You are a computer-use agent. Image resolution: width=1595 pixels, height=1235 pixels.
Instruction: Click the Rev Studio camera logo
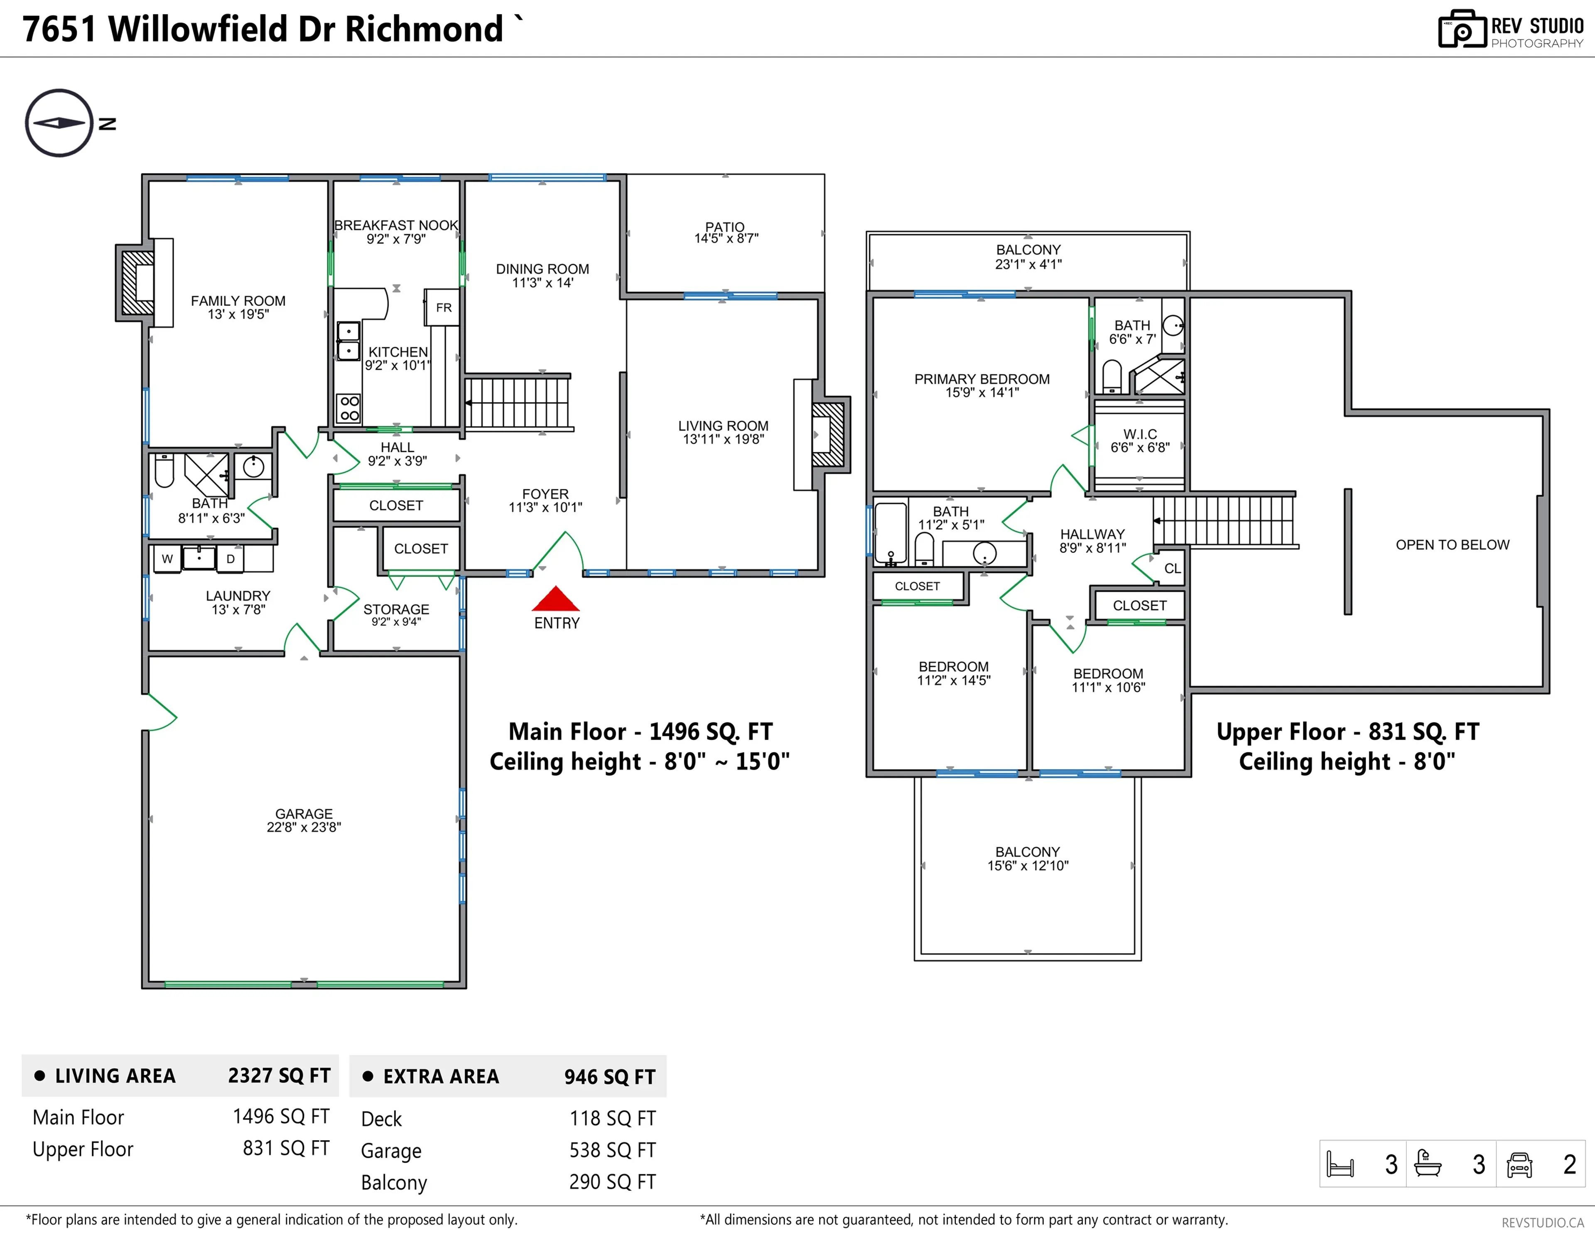point(1461,29)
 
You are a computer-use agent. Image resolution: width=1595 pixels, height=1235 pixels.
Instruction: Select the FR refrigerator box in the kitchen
point(442,307)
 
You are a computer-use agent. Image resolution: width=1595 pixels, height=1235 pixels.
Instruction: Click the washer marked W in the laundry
point(167,559)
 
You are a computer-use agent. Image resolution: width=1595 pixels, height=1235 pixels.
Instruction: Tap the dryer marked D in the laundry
point(230,559)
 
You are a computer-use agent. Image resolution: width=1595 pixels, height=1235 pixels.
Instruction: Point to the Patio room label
point(724,227)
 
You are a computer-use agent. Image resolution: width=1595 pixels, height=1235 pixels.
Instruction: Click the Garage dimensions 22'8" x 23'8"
point(304,827)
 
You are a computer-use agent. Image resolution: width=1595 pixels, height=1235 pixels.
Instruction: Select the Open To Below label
point(1452,545)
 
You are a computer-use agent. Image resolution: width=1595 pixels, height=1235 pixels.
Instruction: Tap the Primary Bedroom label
point(982,379)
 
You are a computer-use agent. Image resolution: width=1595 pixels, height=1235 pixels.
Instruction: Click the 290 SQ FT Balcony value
point(612,1182)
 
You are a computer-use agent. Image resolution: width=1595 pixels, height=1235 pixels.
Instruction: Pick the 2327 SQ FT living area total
point(279,1075)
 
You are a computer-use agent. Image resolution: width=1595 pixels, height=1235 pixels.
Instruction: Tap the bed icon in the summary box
point(1340,1164)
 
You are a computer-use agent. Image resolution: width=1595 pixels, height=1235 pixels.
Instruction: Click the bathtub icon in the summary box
point(1428,1164)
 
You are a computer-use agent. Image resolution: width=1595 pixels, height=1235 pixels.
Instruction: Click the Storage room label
point(396,609)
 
